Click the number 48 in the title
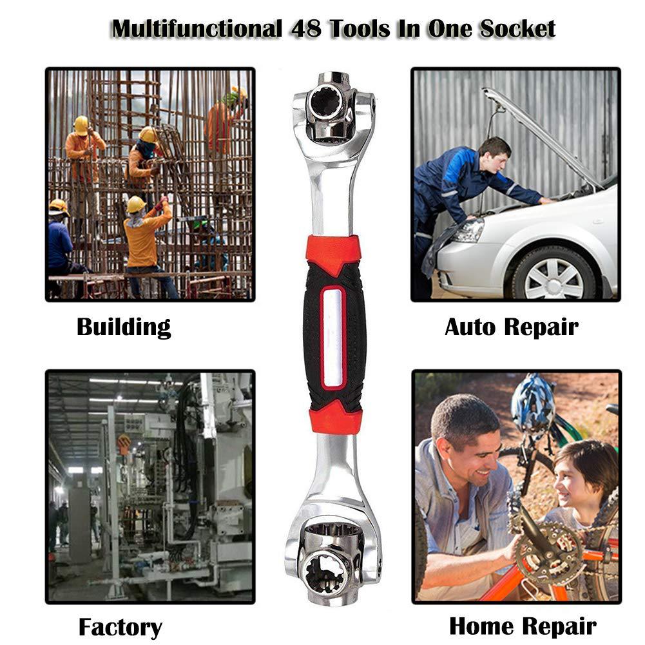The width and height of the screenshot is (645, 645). pyautogui.click(x=306, y=29)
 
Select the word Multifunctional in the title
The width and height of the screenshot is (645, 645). pyautogui.click(x=197, y=29)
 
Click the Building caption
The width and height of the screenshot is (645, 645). pyautogui.click(x=124, y=327)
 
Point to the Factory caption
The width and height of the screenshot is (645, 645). pyautogui.click(x=120, y=627)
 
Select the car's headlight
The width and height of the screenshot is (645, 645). pyautogui.click(x=468, y=231)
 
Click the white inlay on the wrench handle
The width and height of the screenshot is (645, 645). pyautogui.click(x=332, y=337)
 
